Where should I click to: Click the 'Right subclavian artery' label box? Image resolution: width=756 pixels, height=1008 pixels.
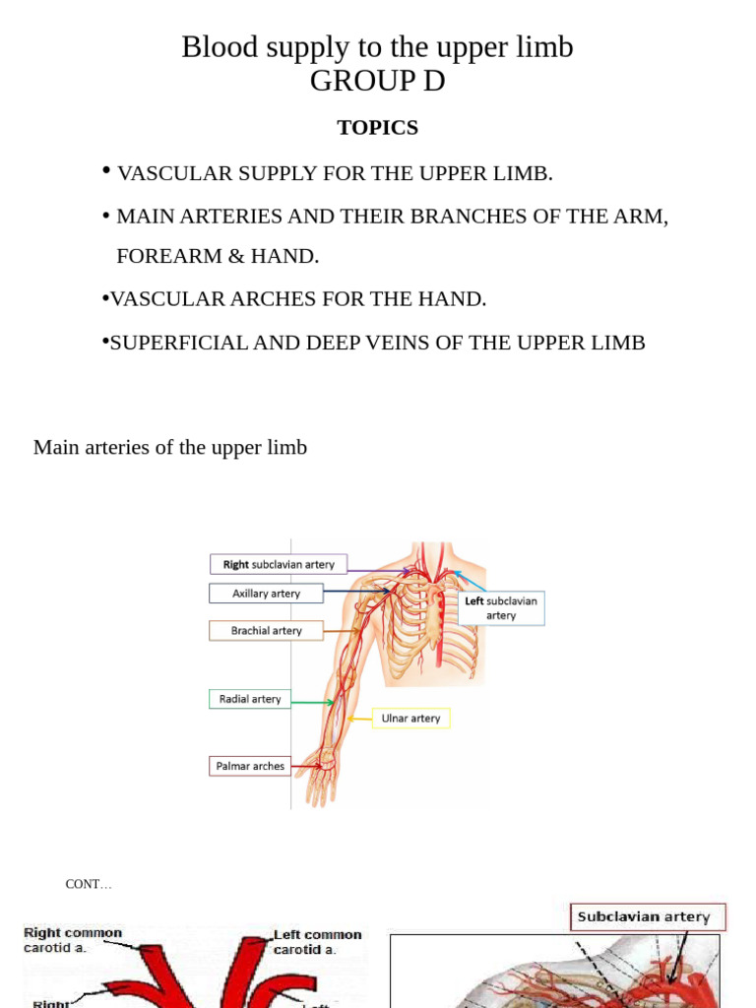point(279,564)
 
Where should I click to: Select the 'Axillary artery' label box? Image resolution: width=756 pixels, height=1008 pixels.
point(266,594)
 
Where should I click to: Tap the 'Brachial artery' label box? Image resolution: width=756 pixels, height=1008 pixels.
point(266,630)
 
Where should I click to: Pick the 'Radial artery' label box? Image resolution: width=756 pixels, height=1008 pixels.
point(250,699)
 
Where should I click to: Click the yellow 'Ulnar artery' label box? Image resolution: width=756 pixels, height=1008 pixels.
point(410,719)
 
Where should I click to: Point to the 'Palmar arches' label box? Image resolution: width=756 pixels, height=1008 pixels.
point(251,766)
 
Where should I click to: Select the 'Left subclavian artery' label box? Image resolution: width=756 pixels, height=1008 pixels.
point(501,607)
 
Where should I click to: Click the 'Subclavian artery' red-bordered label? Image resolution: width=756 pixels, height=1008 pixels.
point(644,916)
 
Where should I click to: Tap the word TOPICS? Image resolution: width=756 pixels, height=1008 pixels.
point(377,128)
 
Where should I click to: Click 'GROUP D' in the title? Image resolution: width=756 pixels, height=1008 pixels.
point(377,82)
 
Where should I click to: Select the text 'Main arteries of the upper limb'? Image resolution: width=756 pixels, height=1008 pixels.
point(170,447)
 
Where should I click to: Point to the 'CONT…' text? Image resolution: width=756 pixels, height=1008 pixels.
point(89,884)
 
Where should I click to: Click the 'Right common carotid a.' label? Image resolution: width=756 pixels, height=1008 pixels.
point(73,940)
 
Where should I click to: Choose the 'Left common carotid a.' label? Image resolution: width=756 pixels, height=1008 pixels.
point(317,941)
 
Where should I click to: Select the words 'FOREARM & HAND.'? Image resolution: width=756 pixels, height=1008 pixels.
point(218,256)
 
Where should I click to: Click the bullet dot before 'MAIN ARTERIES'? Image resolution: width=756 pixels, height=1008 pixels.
point(105,215)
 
